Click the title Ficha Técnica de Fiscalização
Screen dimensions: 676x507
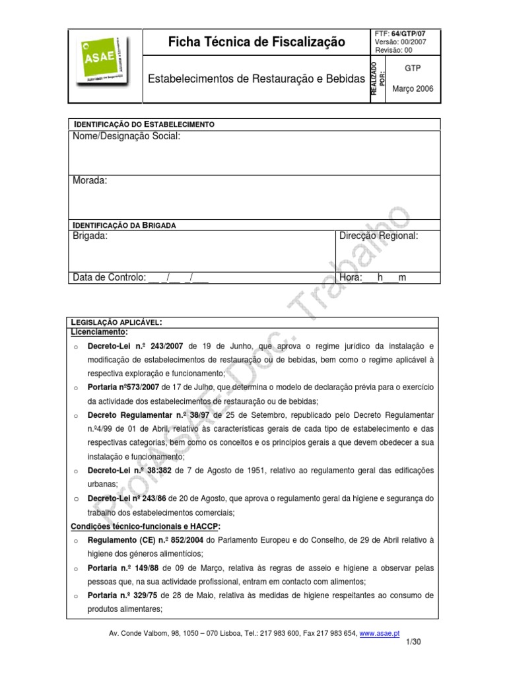pyautogui.click(x=257, y=42)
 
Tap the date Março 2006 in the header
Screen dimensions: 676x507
pyautogui.click(x=413, y=89)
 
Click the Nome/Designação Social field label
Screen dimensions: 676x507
pyautogui.click(x=125, y=136)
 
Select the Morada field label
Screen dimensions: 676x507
pyautogui.click(x=90, y=181)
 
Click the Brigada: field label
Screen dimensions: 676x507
pyautogui.click(x=90, y=236)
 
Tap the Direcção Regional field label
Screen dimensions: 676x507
pyautogui.click(x=378, y=236)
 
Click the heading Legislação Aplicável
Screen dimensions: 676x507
pyautogui.click(x=116, y=321)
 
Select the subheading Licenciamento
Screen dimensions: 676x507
pyautogui.click(x=100, y=331)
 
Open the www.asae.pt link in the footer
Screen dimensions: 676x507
pyautogui.click(x=379, y=634)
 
